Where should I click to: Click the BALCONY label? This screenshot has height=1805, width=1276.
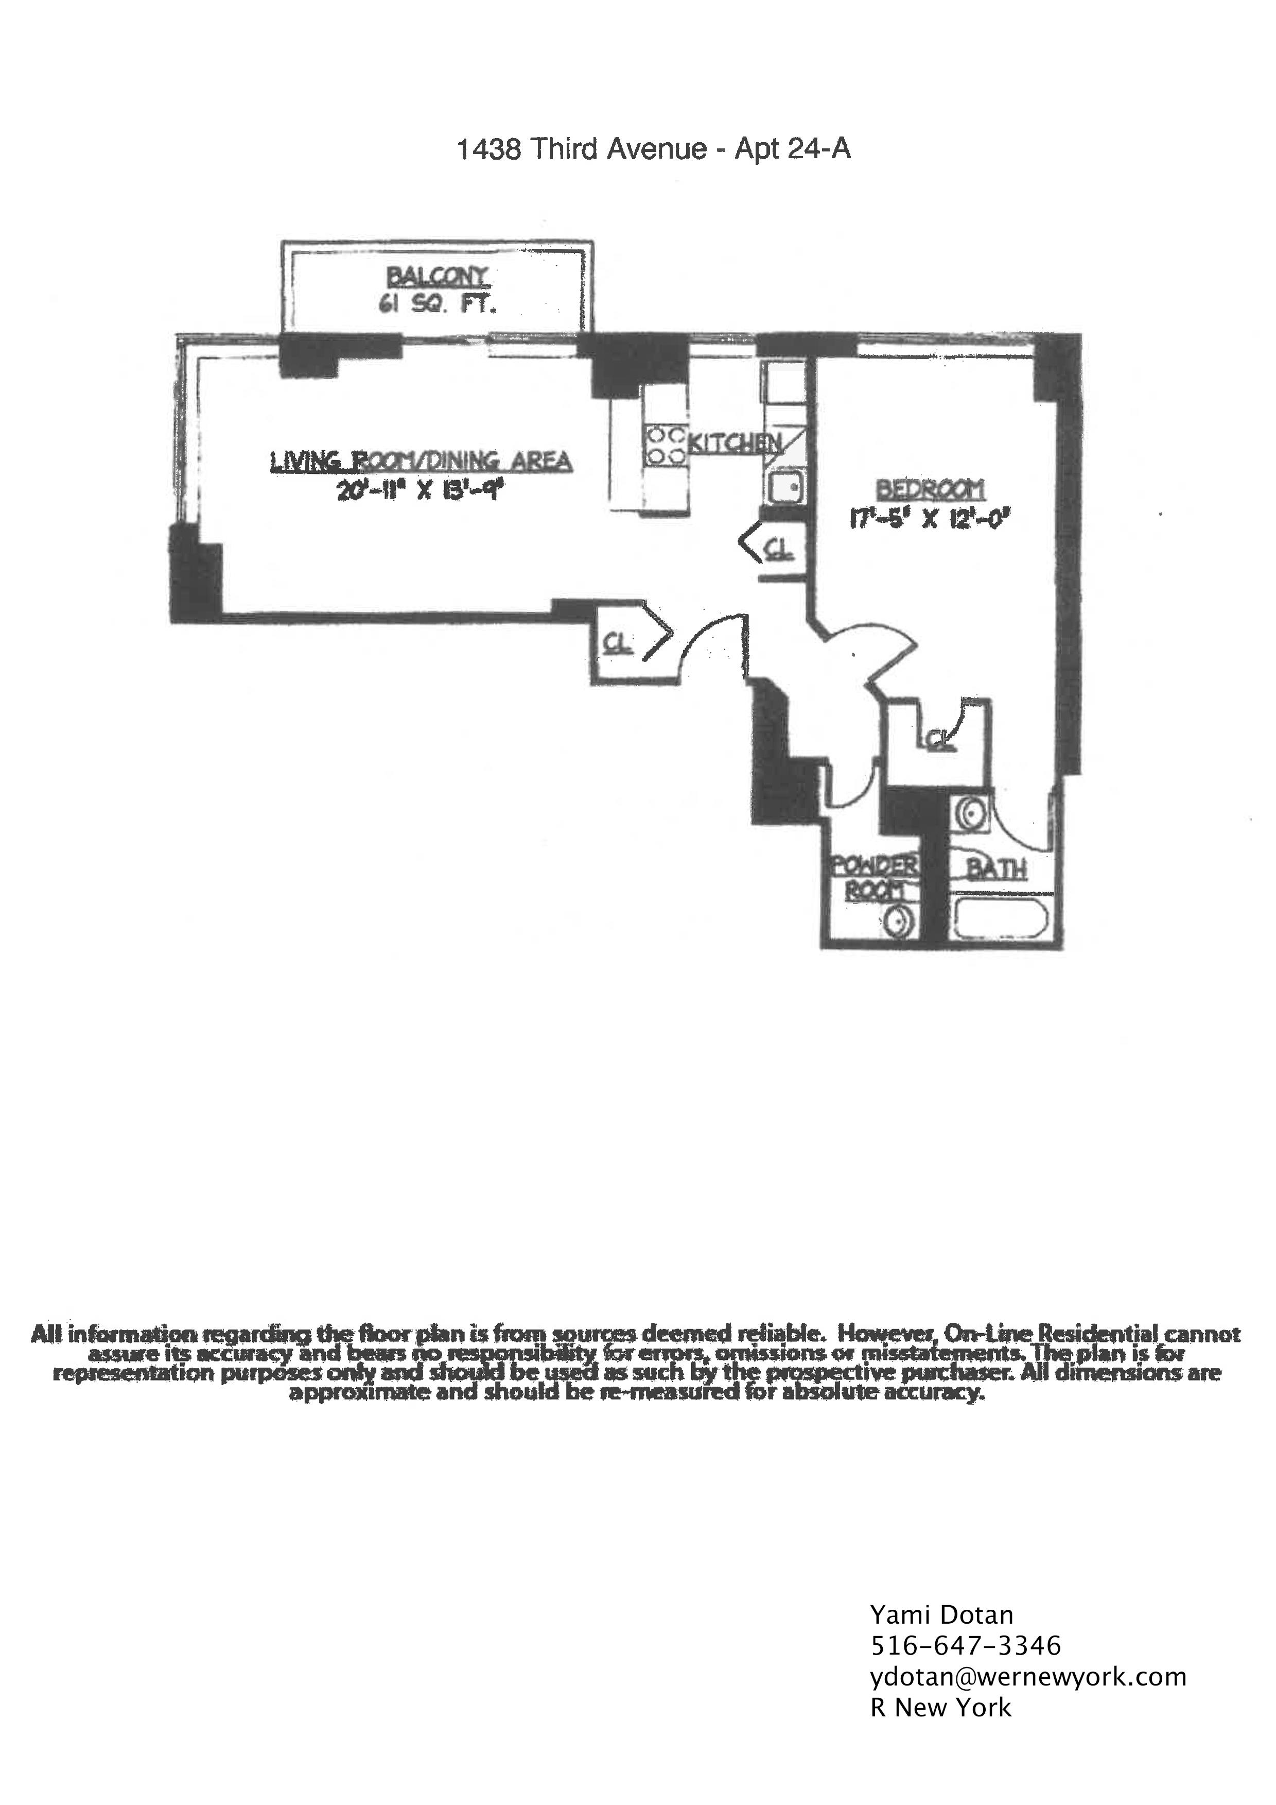click(438, 276)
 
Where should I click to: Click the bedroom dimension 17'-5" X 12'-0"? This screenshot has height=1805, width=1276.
click(930, 520)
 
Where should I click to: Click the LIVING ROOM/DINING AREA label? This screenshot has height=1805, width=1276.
click(421, 461)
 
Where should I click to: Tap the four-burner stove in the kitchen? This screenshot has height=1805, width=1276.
click(665, 444)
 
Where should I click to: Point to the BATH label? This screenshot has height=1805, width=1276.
click(997, 870)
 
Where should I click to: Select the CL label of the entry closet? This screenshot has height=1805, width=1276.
click(618, 643)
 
